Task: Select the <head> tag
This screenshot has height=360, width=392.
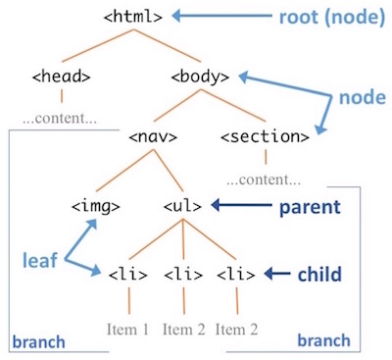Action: coord(61,75)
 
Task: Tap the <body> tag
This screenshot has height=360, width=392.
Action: coord(200,75)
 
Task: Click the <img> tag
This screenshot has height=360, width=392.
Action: coord(95,207)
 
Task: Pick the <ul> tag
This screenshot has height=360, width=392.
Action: coord(182,207)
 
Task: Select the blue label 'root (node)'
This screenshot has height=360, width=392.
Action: coord(327,16)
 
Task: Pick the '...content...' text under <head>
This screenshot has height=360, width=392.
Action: coord(61,119)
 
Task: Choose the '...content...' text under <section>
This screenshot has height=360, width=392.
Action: coord(263,181)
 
